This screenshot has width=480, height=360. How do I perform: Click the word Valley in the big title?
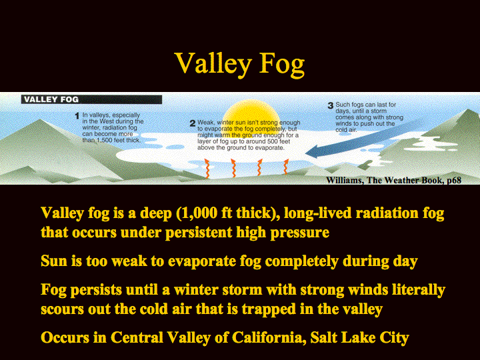tap(213, 64)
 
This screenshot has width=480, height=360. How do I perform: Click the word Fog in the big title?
tap(282, 64)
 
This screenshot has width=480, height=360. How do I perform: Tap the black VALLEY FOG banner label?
tap(91, 99)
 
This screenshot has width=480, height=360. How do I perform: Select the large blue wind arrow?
tap(364, 139)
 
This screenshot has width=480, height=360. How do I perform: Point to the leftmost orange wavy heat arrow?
tap(207, 168)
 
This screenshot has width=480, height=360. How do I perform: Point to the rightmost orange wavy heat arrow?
tap(285, 166)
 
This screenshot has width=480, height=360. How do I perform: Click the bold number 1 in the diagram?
tap(77, 116)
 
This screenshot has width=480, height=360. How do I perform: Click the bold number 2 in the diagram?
tap(193, 123)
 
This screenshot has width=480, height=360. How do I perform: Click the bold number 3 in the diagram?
tap(330, 105)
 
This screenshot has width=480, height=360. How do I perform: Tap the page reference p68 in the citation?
tap(454, 180)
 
